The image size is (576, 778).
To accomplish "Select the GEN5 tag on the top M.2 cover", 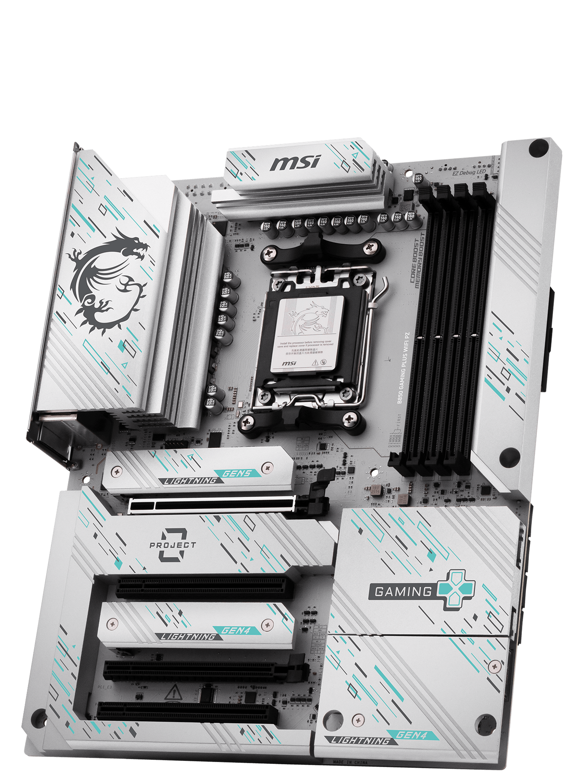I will tap(237, 473).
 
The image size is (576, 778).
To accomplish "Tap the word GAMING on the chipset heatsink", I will tap(403, 592).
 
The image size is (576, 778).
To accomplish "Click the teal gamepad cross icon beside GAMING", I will tap(456, 589).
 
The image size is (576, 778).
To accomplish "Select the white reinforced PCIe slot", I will tap(212, 505).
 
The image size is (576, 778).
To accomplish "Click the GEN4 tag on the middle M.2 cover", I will tap(236, 631).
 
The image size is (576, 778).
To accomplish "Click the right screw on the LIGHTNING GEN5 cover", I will tap(267, 467).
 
